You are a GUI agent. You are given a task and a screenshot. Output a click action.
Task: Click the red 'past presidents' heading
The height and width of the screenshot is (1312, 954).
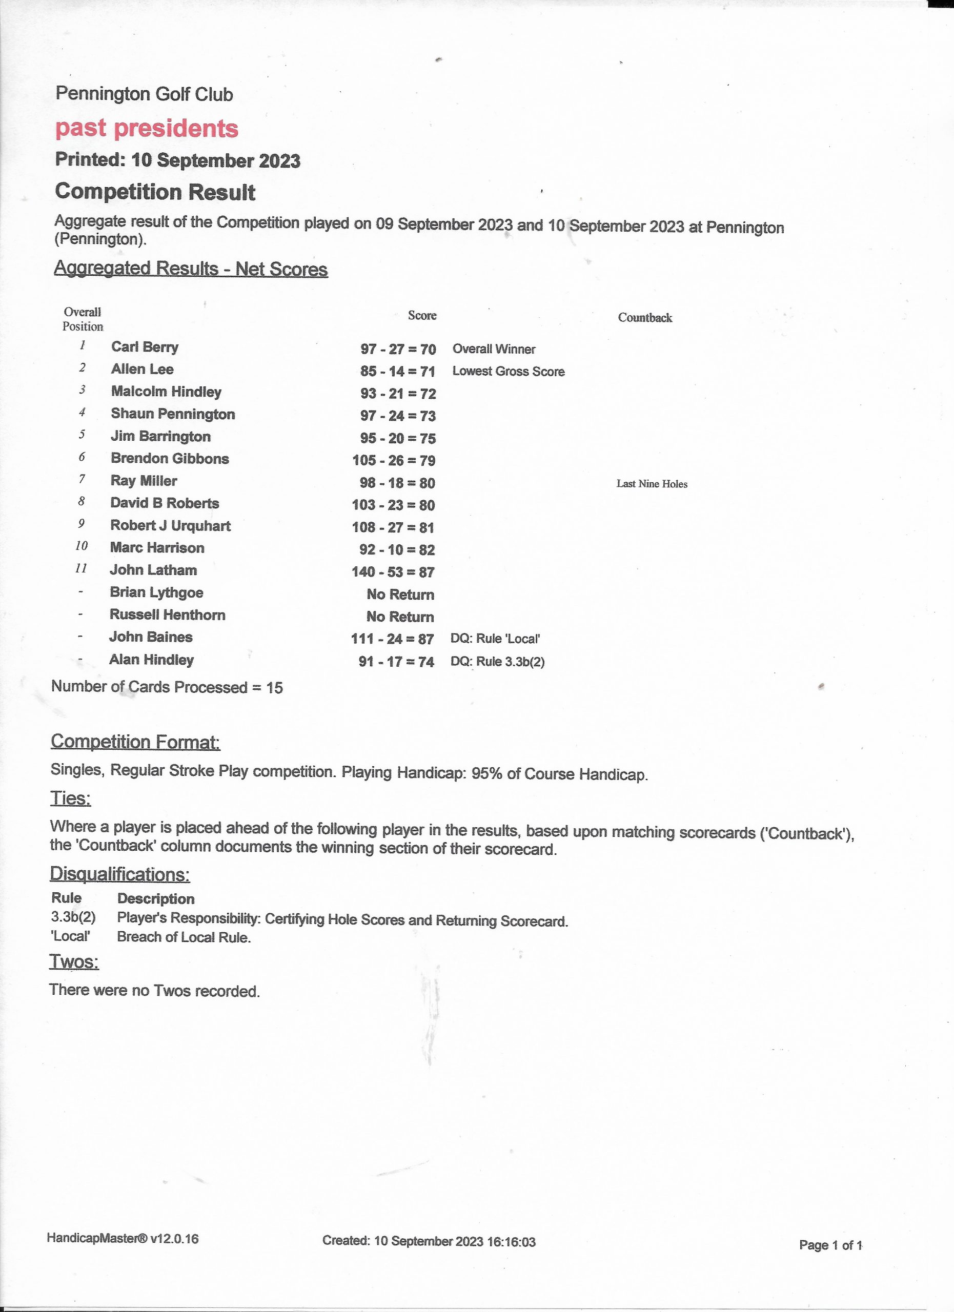click(x=147, y=129)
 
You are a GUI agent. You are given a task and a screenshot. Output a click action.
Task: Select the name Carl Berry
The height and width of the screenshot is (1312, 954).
click(x=145, y=347)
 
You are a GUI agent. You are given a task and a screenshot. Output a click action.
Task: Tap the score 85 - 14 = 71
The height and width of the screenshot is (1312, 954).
click(x=397, y=372)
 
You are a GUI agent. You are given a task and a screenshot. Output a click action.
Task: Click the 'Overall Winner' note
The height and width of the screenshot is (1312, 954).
click(x=494, y=349)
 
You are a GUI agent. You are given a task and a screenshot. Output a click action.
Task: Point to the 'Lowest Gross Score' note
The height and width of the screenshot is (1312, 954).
click(x=508, y=372)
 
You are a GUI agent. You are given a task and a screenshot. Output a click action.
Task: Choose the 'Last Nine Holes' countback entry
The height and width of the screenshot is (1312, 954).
click(x=652, y=484)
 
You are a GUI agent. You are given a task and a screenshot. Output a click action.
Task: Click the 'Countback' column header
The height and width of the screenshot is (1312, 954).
click(x=644, y=318)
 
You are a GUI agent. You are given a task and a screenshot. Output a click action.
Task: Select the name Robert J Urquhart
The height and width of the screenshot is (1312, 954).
click(x=170, y=526)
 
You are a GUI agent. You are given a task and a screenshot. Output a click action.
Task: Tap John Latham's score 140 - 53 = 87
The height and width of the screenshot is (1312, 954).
click(x=393, y=572)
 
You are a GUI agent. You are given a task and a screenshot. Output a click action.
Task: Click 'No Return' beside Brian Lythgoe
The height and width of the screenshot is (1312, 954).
click(x=400, y=594)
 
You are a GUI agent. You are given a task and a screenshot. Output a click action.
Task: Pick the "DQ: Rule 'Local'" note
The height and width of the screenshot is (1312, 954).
click(x=495, y=639)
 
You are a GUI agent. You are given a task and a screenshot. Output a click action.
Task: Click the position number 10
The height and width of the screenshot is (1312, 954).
click(x=82, y=546)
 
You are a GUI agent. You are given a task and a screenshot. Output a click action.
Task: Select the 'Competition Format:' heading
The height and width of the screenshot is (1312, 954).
click(x=135, y=742)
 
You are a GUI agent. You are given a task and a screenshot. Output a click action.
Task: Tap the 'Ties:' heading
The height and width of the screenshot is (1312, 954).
click(x=71, y=798)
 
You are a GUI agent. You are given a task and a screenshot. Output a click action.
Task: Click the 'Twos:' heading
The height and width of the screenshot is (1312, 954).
click(x=74, y=961)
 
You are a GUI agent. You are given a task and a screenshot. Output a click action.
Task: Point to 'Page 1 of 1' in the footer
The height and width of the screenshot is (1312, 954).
click(x=830, y=1245)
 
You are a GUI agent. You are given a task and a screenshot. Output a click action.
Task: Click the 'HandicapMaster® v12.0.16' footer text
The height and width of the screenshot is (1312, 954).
click(x=123, y=1238)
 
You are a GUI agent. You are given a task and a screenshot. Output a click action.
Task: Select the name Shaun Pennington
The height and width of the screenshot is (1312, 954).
click(x=173, y=414)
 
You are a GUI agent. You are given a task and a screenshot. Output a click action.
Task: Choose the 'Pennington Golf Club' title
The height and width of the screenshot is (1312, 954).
click(x=144, y=94)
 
